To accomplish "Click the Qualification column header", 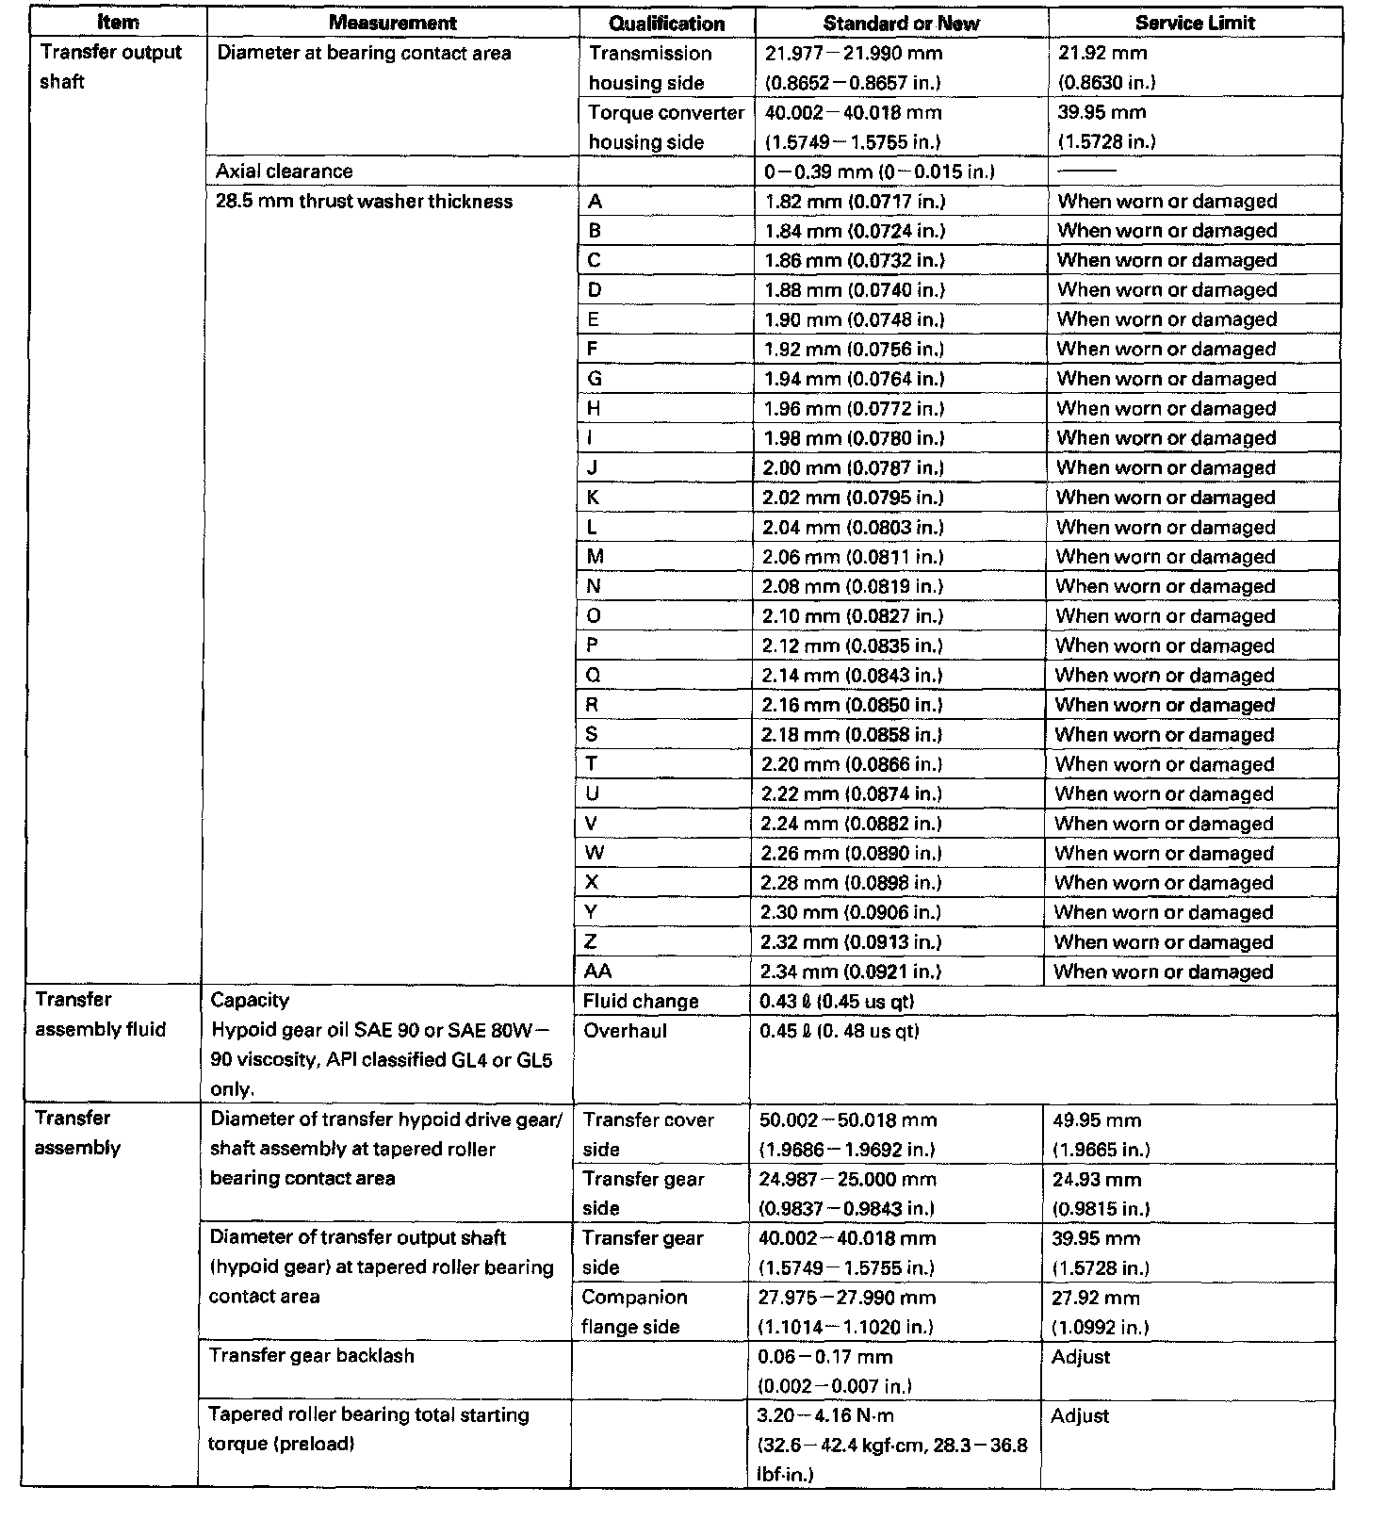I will pos(666,24).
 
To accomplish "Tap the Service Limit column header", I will pos(1194,23).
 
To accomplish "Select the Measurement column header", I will pos(392,23).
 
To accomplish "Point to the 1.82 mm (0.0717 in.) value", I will pos(855,202).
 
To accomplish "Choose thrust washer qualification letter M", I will pos(596,557).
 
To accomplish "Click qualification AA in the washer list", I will pos(597,972).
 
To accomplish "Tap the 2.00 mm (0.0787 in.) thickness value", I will pos(853,468).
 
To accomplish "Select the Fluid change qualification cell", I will pos(641,1002).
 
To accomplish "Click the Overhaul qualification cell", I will pos(625,1031).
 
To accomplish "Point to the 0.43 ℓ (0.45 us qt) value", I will pos(837,1002).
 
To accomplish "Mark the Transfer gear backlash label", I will pos(311,1356).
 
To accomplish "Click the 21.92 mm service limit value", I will pos(1102,54).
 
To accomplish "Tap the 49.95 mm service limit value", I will pos(1097,1121).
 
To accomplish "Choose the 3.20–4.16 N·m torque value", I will pos(825,1415).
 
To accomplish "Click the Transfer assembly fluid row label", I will pos(100,1015).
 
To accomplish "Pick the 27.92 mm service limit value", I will pos(1096,1299).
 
